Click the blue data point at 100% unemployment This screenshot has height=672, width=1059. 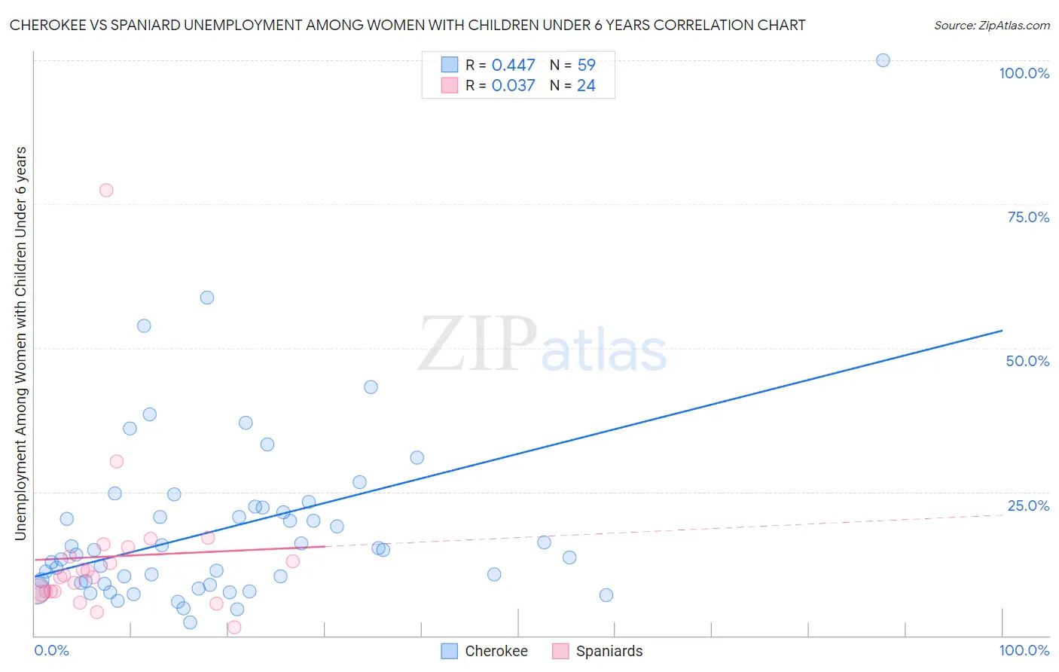click(x=883, y=60)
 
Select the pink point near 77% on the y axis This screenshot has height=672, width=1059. click(x=106, y=190)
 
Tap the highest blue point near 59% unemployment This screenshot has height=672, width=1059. click(x=207, y=298)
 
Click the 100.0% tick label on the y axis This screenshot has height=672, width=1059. click(x=1024, y=73)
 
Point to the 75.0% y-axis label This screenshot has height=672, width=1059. click(x=1028, y=217)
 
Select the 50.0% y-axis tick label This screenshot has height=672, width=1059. click(x=1027, y=361)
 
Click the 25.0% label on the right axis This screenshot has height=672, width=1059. click(x=1028, y=506)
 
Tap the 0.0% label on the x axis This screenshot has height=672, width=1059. click(x=51, y=650)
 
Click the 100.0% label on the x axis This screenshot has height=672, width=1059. click(x=1024, y=650)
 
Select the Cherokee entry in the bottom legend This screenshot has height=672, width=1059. click(x=496, y=651)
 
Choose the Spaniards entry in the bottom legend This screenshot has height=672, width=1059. click(x=609, y=651)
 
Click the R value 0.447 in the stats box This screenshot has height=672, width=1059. click(x=513, y=66)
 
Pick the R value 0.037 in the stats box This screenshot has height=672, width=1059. click(x=513, y=86)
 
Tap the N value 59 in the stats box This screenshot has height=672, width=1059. click(x=586, y=66)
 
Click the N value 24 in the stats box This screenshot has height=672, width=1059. click(x=586, y=86)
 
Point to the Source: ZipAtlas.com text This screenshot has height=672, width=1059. click(x=991, y=26)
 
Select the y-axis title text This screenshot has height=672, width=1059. click(x=21, y=344)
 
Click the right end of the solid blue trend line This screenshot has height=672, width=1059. click(x=1002, y=331)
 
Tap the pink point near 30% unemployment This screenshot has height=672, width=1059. click(x=117, y=462)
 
